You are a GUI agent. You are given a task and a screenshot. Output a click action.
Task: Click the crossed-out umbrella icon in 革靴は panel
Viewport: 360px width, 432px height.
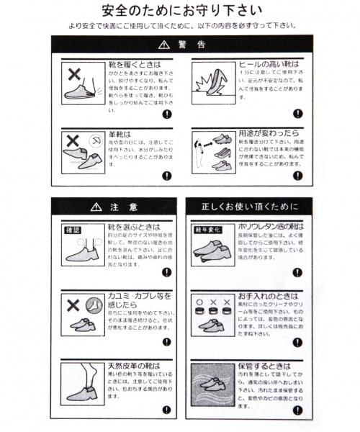94,139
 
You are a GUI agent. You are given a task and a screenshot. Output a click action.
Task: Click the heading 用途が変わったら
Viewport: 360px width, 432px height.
269,133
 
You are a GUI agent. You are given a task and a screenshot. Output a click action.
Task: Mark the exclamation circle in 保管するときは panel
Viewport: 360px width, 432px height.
298,410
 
